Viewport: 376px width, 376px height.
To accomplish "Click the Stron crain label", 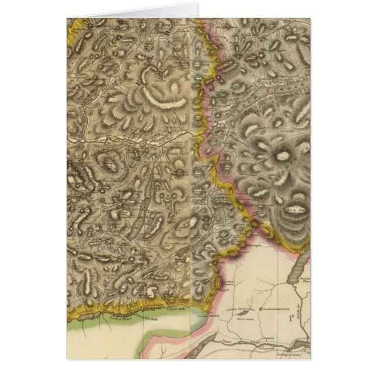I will (x=245, y=320).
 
